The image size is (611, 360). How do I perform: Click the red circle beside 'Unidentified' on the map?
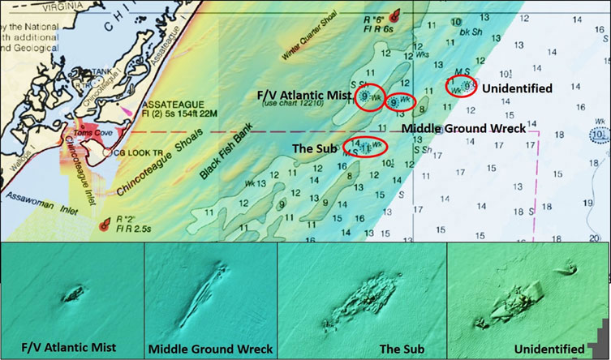463,85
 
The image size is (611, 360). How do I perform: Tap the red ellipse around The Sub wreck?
365,147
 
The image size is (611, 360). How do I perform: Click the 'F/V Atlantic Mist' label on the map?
304,95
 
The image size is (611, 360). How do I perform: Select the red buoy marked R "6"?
395,15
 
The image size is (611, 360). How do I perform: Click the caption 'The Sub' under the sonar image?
361,349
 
